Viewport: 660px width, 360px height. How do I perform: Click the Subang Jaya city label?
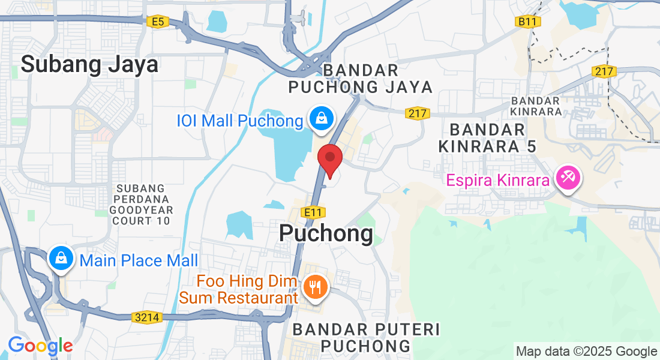tap(90, 64)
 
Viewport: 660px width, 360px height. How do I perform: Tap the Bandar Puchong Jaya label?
tap(360, 79)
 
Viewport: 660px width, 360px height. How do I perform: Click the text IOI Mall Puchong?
tap(239, 121)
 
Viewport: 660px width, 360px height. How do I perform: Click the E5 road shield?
tap(157, 22)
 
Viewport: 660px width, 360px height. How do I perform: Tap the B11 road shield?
tap(528, 22)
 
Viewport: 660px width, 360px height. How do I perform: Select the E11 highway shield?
tap(313, 212)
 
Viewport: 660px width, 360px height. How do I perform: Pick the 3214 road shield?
tap(148, 317)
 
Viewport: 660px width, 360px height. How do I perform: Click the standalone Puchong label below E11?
tap(326, 233)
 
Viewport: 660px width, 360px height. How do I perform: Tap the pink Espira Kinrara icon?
tap(566, 178)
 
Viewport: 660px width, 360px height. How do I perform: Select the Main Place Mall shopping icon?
tap(61, 259)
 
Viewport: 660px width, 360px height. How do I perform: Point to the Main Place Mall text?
tap(139, 261)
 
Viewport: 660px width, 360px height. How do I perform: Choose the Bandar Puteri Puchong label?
tap(366, 337)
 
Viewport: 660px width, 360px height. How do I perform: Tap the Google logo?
tap(40, 346)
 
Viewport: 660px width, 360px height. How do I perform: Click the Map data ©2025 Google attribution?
tap(587, 352)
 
